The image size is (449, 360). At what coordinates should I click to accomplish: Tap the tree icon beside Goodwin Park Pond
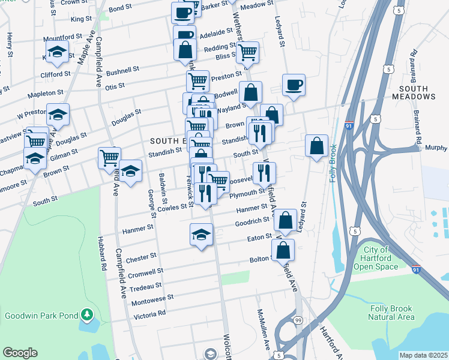87,314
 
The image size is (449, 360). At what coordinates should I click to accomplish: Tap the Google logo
20,353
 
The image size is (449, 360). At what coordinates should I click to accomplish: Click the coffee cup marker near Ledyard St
294,85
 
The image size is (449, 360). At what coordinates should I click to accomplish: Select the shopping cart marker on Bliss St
247,52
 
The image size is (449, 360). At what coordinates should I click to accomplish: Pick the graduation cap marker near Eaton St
202,235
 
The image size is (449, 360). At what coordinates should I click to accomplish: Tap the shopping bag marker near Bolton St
283,250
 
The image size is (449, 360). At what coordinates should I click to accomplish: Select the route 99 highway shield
298,322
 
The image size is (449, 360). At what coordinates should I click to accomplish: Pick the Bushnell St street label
122,71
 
